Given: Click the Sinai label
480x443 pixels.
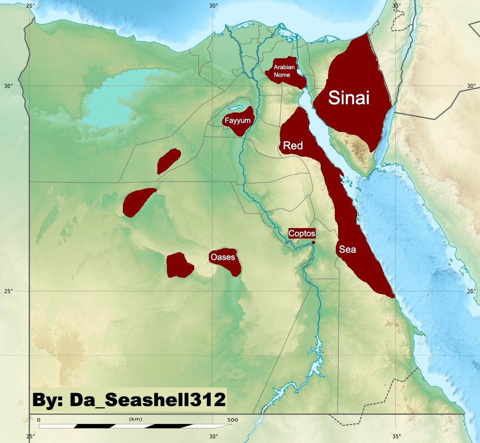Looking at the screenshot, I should (349, 98).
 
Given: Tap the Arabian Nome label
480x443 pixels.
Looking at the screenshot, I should (284, 71).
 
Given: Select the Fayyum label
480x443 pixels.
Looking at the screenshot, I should (237, 121).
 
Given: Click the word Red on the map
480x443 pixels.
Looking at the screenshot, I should (293, 146).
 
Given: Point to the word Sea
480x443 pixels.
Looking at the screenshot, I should (347, 250).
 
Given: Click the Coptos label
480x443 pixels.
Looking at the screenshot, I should (302, 234).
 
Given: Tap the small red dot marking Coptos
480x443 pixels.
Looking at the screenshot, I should (313, 242).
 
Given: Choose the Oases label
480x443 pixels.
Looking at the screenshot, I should (222, 258).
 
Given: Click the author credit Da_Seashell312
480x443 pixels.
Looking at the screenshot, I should (129, 400).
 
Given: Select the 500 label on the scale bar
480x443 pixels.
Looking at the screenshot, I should (232, 419).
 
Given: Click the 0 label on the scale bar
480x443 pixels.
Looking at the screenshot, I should (39, 419).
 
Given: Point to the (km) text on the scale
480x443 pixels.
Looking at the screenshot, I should (136, 418).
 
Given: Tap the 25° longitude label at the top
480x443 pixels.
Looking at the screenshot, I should (30, 5).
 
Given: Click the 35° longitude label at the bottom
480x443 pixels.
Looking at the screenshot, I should (396, 437).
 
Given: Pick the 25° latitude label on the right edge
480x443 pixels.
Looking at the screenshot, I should (471, 291).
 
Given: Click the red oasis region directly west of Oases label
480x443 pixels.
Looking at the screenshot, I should (179, 265).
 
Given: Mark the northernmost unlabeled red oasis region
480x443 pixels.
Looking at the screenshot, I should (168, 160).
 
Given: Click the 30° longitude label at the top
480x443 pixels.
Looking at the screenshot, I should (213, 5).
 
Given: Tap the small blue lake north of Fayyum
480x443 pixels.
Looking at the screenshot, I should (234, 108).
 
